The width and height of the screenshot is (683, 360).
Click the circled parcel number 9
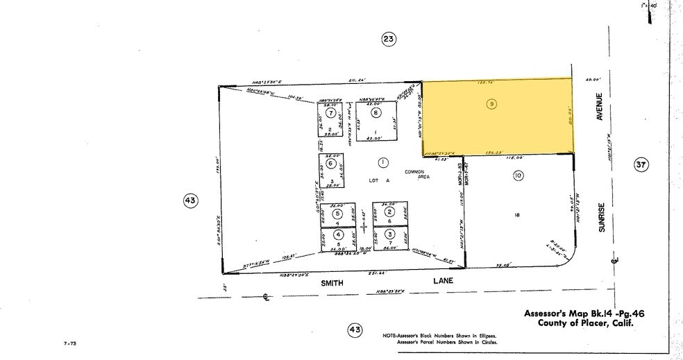[491, 104]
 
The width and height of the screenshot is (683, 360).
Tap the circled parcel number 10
[517, 176]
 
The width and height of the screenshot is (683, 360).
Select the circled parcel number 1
[382, 162]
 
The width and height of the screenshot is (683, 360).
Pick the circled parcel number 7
[331, 113]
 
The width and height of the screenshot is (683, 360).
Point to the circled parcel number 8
[376, 113]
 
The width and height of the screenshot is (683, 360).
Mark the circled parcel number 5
[337, 214]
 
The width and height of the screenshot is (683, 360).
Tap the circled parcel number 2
[390, 212]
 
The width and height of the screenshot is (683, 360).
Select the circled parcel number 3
[390, 234]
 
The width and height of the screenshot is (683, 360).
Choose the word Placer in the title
[598, 323]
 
